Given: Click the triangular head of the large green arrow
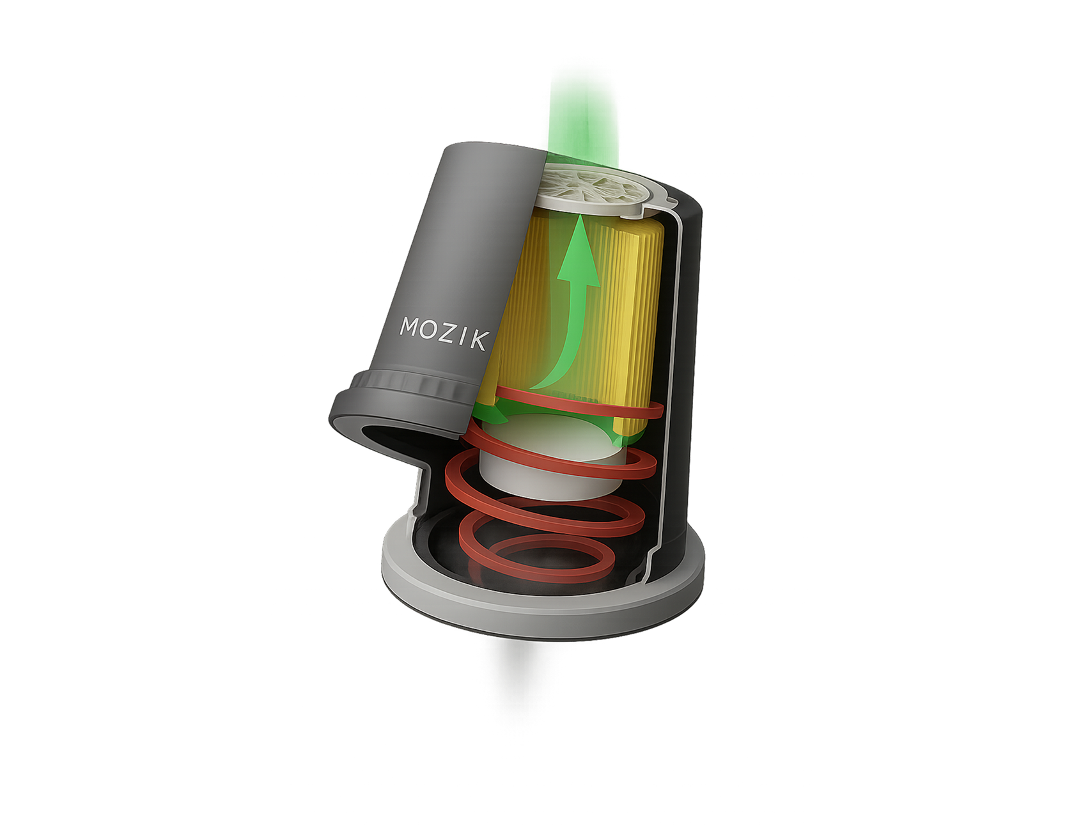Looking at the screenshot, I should (x=579, y=255).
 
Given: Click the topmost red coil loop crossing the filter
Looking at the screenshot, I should (x=575, y=400).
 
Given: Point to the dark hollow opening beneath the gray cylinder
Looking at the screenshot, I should (x=390, y=441).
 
